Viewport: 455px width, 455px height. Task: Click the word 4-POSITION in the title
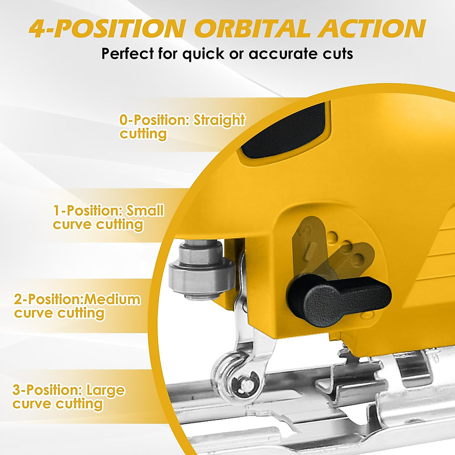point(107,29)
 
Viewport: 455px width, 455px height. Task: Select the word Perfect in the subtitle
point(127,54)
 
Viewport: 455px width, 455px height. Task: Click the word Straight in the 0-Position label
point(219,120)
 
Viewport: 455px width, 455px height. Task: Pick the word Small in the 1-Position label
point(145,210)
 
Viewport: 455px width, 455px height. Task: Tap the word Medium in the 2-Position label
point(112,300)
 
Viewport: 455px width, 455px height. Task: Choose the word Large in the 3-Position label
point(105,390)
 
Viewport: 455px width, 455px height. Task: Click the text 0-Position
point(154,120)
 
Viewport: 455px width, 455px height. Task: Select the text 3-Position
point(47,390)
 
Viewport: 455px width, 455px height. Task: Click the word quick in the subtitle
point(203,54)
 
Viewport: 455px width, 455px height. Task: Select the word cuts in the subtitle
point(338,54)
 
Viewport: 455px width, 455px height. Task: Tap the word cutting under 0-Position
point(143,134)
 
